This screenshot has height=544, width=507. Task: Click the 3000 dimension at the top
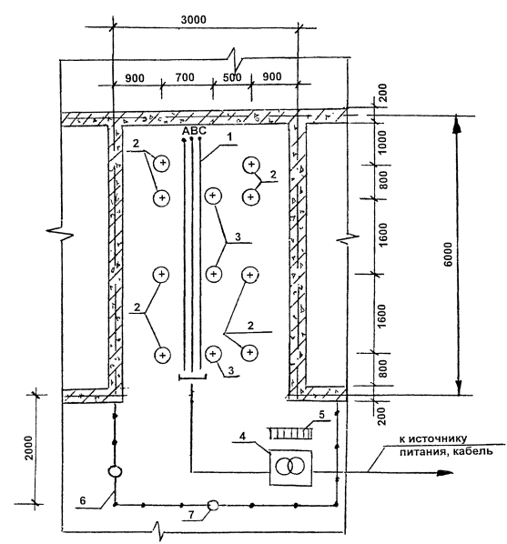[x=193, y=20]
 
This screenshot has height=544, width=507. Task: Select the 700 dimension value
[x=185, y=77]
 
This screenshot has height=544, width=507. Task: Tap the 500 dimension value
[x=232, y=77]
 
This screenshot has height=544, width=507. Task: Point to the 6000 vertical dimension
[x=449, y=255]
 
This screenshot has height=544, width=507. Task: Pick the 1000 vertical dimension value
[x=382, y=143]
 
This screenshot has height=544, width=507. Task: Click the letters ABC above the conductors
[x=195, y=131]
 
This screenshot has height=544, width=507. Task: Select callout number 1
[x=229, y=137]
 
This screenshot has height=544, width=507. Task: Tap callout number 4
[x=243, y=436]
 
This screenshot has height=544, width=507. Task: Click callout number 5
[x=321, y=414]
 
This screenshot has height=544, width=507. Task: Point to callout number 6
[x=83, y=500]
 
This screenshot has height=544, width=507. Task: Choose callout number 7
[x=191, y=515]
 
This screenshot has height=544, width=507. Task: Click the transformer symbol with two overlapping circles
[x=290, y=467]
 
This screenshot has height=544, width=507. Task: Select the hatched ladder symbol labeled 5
[x=291, y=433]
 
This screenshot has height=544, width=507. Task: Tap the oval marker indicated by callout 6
[x=115, y=471]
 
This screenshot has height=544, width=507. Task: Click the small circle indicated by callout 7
[x=213, y=505]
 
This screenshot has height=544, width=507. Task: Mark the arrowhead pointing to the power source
[x=444, y=472]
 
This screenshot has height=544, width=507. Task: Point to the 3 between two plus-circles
[x=238, y=237]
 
